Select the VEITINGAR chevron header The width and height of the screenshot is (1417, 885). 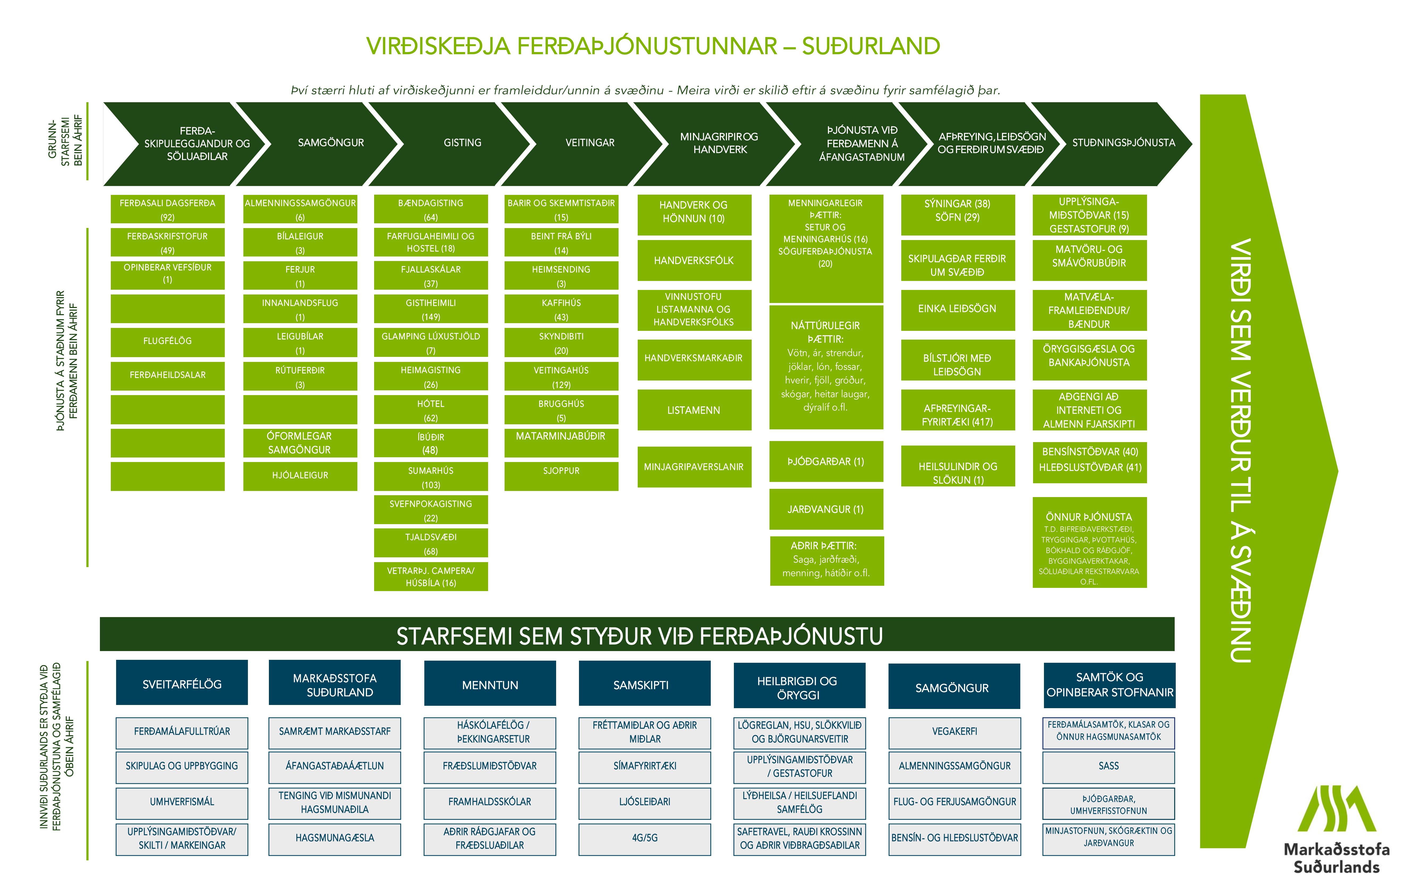point(590,143)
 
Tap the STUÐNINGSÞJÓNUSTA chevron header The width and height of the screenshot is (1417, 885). point(1123,143)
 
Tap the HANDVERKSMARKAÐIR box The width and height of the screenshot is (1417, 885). point(694,358)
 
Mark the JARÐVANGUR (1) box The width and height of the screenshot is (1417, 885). point(826,509)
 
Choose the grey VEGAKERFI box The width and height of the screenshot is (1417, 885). point(954,732)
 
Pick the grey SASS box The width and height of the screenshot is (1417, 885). point(1109,766)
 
